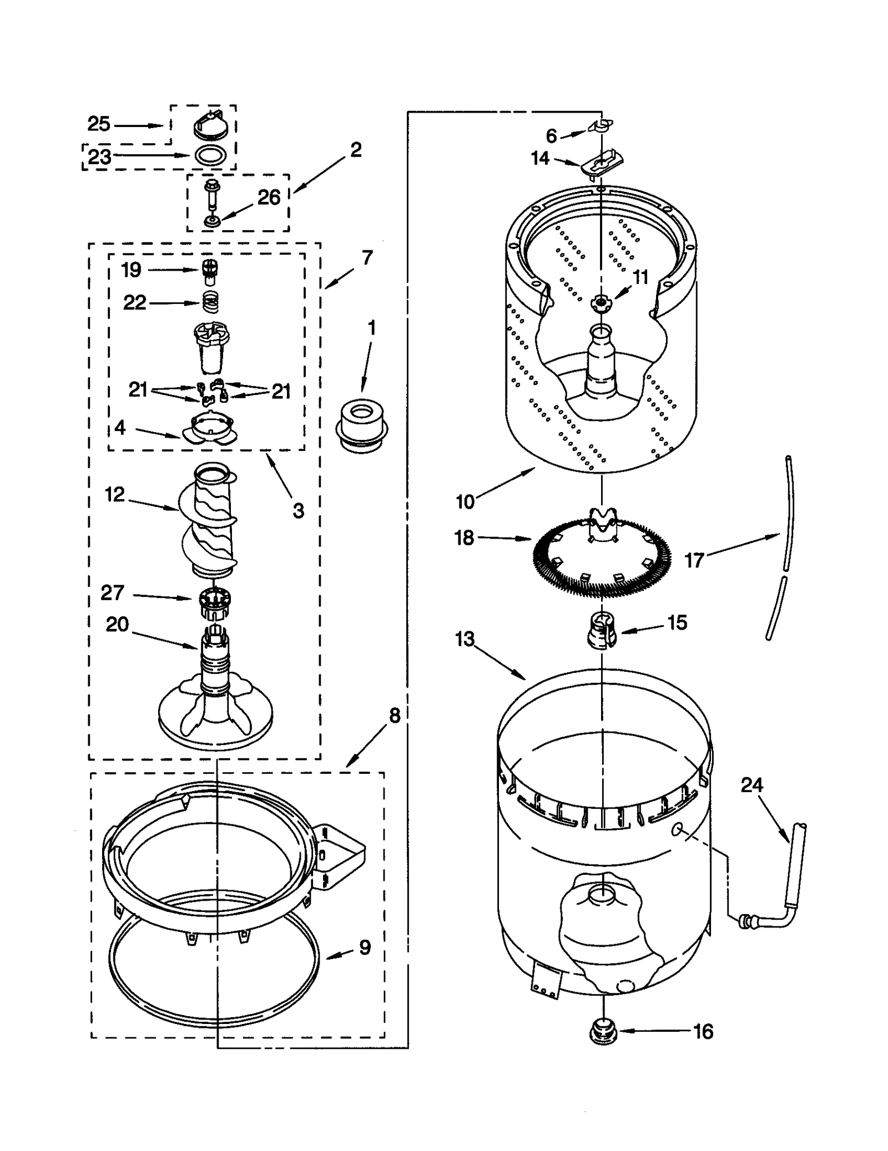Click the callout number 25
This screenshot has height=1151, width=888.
[99, 124]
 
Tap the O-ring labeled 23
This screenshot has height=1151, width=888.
[211, 155]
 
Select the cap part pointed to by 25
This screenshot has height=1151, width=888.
[211, 125]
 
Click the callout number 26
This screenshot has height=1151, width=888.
[269, 197]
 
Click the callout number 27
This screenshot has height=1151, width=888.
[112, 592]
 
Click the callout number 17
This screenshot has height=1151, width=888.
[694, 560]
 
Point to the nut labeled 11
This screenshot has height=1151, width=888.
[600, 302]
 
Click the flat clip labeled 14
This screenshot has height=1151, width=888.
[602, 163]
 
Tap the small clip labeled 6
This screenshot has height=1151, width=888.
[601, 125]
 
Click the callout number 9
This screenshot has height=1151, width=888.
[365, 947]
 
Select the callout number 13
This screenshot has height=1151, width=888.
[465, 639]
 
